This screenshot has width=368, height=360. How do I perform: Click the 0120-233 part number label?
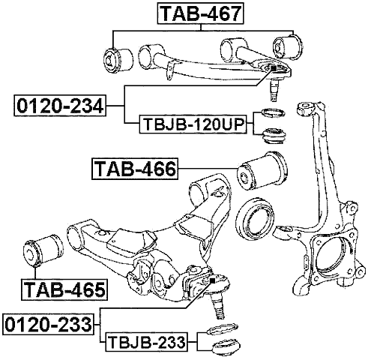click(x=49, y=325)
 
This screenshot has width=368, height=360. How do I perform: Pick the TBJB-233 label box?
click(x=148, y=343)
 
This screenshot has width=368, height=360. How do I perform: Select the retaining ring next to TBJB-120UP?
click(x=271, y=115)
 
